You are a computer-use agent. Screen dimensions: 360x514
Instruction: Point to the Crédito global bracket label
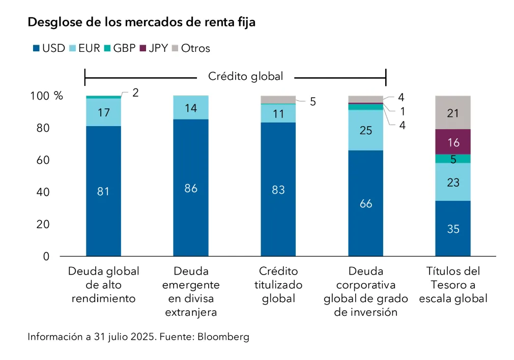point(245,76)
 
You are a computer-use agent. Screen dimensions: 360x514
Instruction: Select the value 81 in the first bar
point(103,192)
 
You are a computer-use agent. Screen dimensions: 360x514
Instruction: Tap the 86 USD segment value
point(191,188)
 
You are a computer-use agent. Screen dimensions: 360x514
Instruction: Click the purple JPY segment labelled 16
point(453,142)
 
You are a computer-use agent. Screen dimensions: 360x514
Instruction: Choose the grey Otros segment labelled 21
point(453,113)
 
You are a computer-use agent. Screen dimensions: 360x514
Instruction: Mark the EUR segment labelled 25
point(365,130)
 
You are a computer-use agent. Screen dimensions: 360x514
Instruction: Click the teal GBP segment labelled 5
point(453,159)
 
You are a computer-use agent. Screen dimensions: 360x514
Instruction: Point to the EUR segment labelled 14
point(191,107)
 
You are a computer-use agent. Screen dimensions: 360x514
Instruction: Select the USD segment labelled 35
point(453,229)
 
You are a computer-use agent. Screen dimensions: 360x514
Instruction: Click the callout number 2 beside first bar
point(135,93)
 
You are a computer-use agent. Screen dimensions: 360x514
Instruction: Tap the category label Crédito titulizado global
point(278,285)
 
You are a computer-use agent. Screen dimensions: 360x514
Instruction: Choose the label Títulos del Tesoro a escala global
point(453,285)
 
